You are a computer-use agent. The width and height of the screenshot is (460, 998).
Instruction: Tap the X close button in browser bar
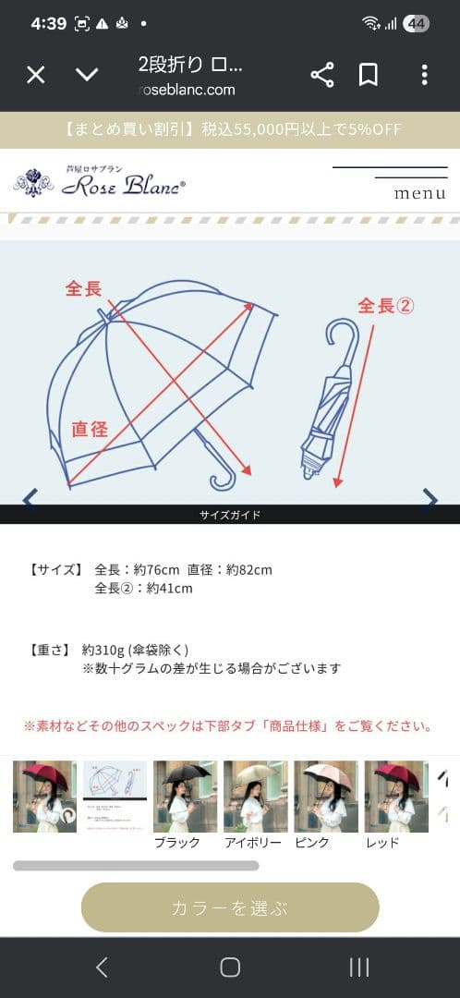tap(35, 75)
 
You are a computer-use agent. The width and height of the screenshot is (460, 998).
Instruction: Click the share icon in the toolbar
tap(322, 75)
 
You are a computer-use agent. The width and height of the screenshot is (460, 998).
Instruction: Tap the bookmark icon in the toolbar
tap(369, 75)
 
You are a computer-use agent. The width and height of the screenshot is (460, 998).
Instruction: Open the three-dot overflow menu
tap(424, 75)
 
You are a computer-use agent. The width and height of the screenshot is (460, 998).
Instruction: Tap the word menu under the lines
tap(419, 194)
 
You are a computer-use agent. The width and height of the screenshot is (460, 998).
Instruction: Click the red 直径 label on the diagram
tap(91, 429)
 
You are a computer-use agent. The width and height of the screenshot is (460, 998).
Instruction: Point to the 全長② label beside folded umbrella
tap(385, 306)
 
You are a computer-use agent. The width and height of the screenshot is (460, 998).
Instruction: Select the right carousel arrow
tap(430, 499)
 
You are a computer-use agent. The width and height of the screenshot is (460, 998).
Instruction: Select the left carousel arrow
tap(30, 499)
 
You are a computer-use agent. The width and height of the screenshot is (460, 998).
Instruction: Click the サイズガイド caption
tap(230, 515)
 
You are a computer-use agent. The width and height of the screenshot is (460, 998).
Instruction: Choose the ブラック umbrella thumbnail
tap(185, 796)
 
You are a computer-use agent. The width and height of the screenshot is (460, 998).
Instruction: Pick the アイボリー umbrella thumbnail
tap(255, 796)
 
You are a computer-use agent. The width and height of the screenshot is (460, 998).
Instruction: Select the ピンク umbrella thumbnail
tap(325, 796)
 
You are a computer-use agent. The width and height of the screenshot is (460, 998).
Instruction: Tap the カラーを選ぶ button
tap(230, 907)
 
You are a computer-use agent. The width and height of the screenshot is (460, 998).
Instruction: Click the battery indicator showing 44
tap(416, 24)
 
